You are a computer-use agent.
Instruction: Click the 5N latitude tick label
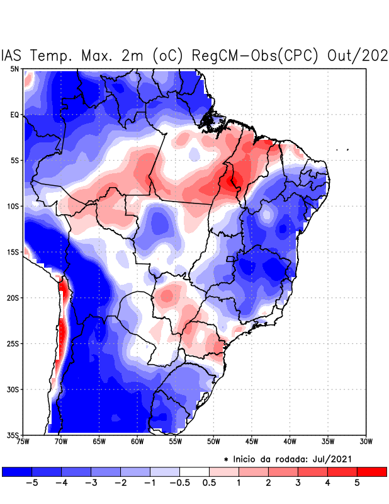[14, 69]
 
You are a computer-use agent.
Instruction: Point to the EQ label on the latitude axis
[14, 115]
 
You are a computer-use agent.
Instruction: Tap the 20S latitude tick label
[13, 298]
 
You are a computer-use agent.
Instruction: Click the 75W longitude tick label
[24, 442]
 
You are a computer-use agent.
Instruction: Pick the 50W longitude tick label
[213, 442]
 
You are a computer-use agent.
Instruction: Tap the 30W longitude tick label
[366, 442]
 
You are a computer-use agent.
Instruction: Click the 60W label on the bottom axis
[137, 442]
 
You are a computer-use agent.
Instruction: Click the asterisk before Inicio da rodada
[226, 459]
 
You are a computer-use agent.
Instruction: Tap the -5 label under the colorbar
[30, 483]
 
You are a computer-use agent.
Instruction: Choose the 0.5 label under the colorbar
[209, 483]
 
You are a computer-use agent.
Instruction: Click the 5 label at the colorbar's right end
[356, 483]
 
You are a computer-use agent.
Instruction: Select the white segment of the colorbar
[194, 472]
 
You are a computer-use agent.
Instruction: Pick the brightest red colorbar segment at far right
[371, 472]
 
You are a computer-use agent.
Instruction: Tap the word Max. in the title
[103, 55]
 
